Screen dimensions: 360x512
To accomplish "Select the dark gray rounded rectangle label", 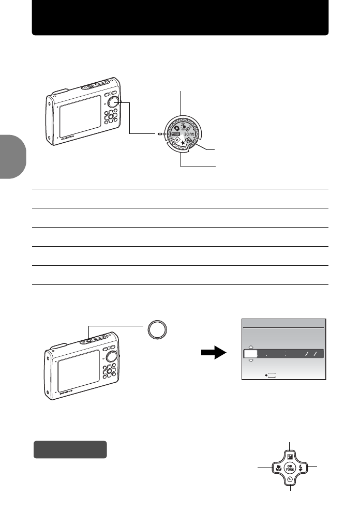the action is (70, 449).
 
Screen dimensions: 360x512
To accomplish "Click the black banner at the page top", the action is (180, 17).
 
